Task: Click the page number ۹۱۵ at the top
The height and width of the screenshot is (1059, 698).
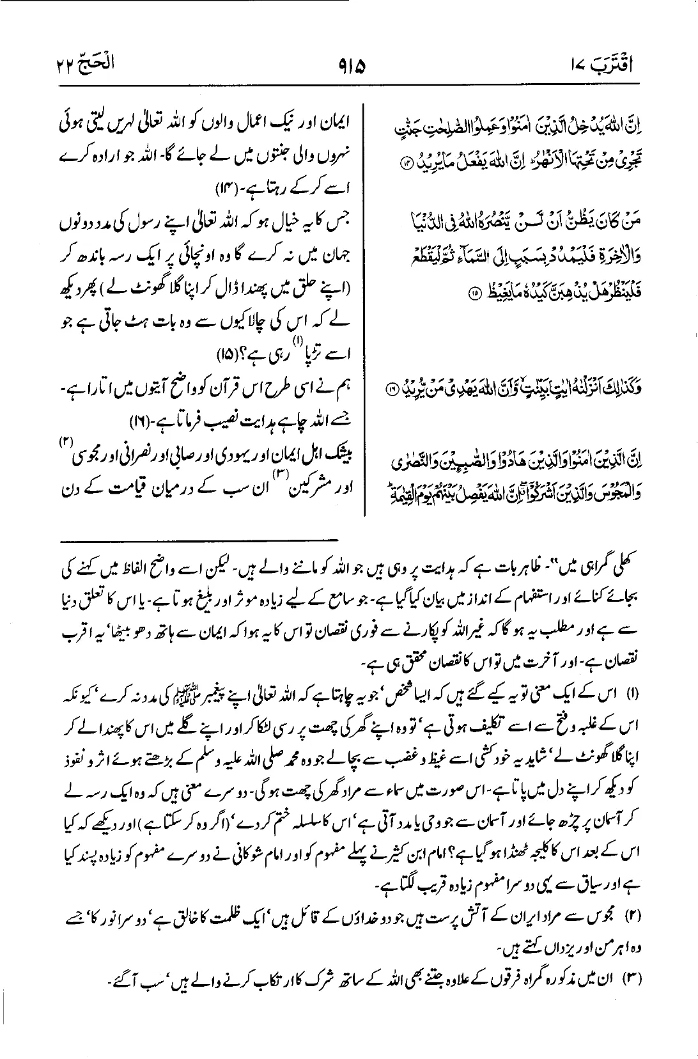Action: (348, 64)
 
